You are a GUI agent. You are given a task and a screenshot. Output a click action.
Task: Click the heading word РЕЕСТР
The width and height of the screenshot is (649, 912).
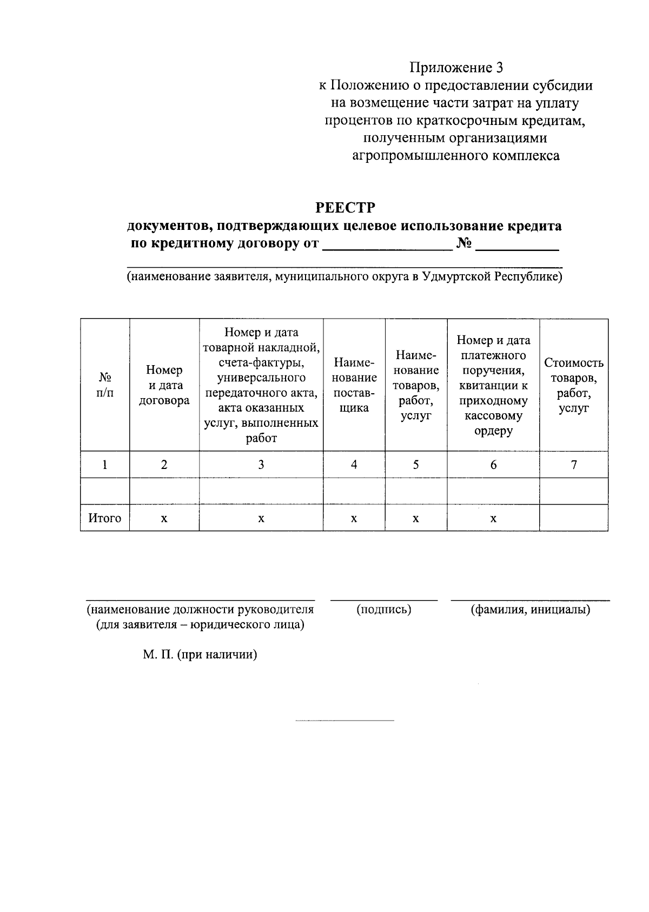(x=345, y=208)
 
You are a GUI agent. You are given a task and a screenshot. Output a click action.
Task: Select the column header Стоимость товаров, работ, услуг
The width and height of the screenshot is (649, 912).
(x=573, y=385)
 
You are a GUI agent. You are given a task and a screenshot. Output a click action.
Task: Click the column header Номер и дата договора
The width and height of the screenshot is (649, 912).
(x=164, y=385)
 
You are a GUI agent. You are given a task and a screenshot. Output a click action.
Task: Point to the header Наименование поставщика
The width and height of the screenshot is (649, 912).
(x=354, y=385)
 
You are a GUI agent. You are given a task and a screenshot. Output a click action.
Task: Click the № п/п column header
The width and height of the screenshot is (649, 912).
(x=105, y=385)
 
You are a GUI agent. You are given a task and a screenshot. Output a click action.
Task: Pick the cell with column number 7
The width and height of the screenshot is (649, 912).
(x=573, y=464)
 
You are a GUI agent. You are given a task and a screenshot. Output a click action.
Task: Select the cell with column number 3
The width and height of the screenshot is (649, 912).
(x=261, y=464)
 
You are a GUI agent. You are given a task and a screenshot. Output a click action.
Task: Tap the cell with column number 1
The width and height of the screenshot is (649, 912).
(x=105, y=464)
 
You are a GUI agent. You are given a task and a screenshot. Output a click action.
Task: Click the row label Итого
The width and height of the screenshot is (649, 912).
(x=105, y=518)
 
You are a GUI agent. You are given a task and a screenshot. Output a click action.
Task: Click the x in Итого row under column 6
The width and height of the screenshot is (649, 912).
(x=493, y=518)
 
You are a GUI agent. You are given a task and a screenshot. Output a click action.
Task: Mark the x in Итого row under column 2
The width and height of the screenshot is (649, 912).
(x=164, y=518)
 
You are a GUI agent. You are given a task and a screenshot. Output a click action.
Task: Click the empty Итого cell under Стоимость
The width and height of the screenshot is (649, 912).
(x=573, y=518)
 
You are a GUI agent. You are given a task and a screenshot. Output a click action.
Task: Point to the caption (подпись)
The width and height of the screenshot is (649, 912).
(x=384, y=610)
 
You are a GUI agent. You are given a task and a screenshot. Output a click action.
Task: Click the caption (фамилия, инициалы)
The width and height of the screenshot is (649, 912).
(x=530, y=610)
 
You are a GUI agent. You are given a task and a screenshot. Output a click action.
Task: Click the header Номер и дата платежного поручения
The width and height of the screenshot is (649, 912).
(x=493, y=385)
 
